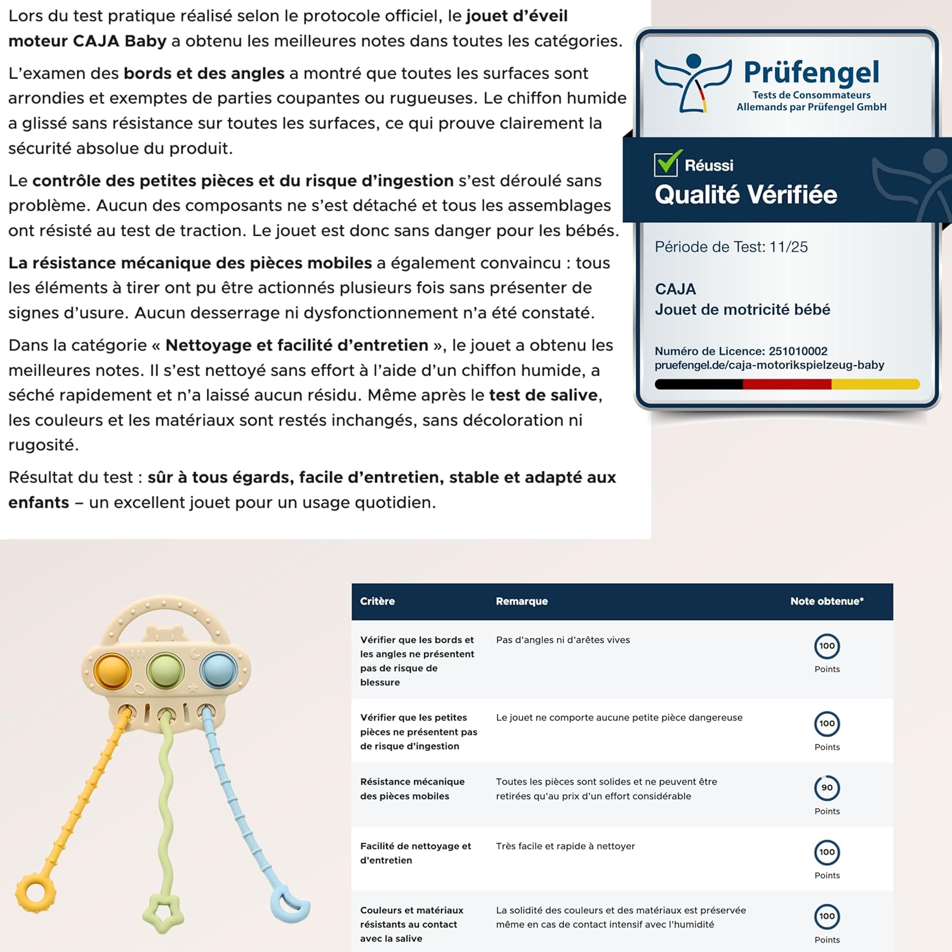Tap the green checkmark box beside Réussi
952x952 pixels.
667,164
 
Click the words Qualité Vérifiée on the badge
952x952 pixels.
746,195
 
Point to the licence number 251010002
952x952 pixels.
798,351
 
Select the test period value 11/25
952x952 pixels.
788,247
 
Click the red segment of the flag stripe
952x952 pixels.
787,384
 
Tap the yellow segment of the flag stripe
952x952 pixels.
875,384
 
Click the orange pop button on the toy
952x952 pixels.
112,670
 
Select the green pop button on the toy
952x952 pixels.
165,669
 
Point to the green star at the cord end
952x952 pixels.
163,913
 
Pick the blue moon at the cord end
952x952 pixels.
289,904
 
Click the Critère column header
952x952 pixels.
377,601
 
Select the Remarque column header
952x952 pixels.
522,601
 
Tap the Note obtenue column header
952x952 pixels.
826,601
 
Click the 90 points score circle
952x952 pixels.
826,788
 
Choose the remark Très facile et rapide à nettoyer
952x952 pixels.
565,846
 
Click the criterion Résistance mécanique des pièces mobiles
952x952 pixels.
412,789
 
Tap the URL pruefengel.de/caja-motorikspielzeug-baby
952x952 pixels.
769,365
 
